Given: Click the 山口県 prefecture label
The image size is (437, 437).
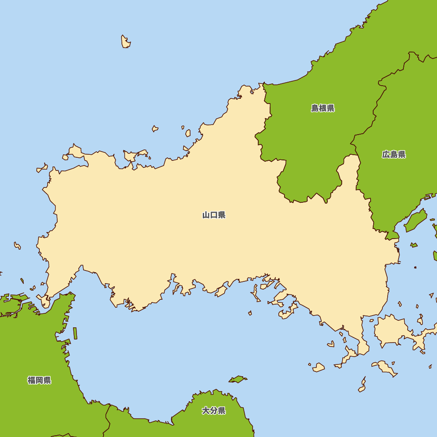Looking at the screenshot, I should coord(214,215).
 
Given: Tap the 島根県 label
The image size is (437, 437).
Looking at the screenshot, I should coord(323,108).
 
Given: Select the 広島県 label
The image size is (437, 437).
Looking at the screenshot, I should coord(394,154).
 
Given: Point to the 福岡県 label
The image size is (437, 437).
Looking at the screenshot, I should coord(39,380).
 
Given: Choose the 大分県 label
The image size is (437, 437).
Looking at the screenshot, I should coord(214,411).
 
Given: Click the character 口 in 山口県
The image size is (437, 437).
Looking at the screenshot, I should coord(214,215).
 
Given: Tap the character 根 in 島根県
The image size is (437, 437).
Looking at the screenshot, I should coord(323,108).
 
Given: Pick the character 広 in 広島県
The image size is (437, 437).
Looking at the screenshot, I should coord(386,154).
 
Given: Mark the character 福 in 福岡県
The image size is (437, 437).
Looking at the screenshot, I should coord(31,380).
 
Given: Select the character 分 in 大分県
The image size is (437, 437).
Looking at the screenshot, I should coord(214,411).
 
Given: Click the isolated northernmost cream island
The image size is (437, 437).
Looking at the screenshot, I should coord(125,42).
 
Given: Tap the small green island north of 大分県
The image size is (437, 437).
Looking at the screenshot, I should coord(238,379).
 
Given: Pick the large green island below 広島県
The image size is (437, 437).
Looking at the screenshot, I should coord(416,221).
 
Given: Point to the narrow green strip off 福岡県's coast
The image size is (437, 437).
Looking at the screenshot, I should coord(75,333).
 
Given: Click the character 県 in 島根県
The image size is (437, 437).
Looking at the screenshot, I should coord(331,108).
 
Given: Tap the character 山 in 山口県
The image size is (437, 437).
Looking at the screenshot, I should coord(206,215).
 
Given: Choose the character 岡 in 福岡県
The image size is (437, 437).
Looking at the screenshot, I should coord(39,380).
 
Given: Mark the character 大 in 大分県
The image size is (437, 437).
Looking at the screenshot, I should coord(206,411).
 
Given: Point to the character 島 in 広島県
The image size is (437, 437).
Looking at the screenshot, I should coord(394,154).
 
